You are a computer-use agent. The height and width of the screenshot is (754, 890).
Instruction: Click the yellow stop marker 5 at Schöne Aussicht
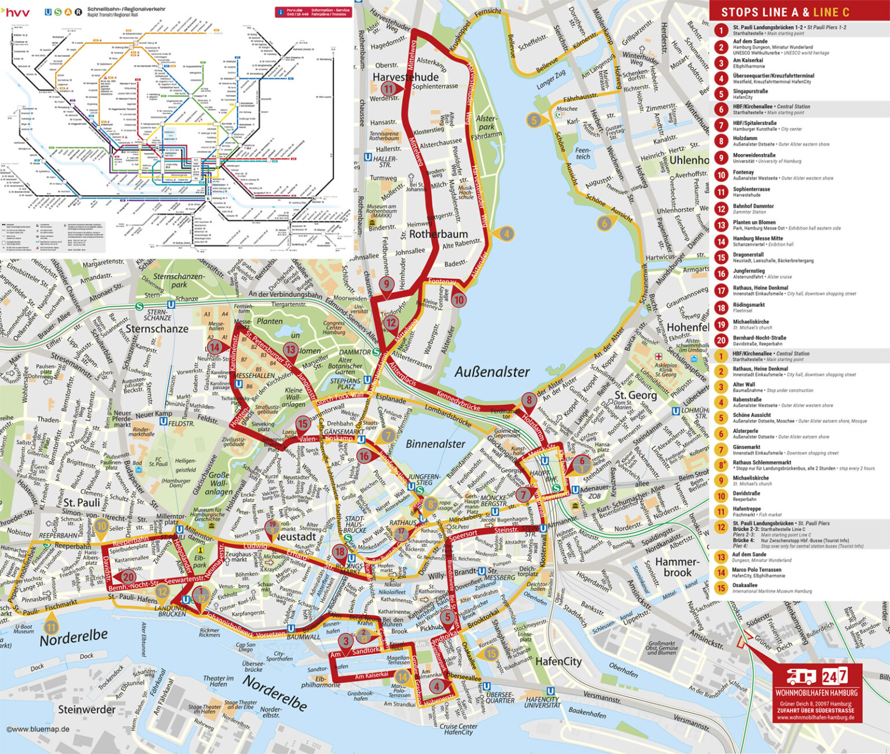pyautogui.click(x=534, y=120)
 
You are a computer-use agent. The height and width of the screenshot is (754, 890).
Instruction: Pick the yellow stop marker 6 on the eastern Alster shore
pyautogui.click(x=604, y=223)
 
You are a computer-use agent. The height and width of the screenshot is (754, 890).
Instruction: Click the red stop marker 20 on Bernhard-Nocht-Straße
pyautogui.click(x=128, y=576)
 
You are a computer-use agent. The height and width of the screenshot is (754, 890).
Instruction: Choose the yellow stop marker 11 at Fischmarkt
pyautogui.click(x=52, y=627)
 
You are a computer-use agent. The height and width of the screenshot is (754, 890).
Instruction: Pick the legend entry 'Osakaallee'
pyautogui.click(x=745, y=585)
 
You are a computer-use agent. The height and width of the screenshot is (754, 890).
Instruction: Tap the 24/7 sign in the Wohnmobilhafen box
pyautogui.click(x=834, y=676)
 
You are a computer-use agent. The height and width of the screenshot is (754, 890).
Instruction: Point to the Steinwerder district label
pyautogui.click(x=86, y=709)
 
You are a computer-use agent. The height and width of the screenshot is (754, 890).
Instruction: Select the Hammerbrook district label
pyautogui.click(x=677, y=567)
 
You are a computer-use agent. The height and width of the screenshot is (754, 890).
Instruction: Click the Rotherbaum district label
pyautogui.click(x=438, y=234)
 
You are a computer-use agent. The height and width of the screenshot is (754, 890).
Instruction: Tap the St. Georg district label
pyautogui.click(x=635, y=395)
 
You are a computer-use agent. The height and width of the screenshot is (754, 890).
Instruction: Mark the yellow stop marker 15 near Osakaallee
pyautogui.click(x=491, y=654)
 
